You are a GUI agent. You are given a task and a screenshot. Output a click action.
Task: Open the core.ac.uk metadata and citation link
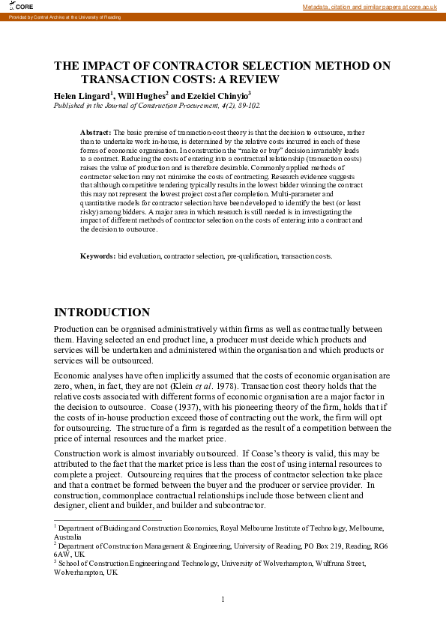(370, 7)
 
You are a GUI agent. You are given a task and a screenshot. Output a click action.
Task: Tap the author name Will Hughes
(142, 96)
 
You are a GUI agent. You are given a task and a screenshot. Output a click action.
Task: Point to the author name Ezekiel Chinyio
(217, 96)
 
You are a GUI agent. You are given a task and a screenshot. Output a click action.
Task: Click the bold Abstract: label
(96, 132)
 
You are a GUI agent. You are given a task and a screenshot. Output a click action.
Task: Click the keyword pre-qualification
(252, 256)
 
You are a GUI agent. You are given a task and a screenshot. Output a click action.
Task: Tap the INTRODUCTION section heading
(102, 313)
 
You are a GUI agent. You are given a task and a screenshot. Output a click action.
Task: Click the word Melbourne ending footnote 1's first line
(367, 528)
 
